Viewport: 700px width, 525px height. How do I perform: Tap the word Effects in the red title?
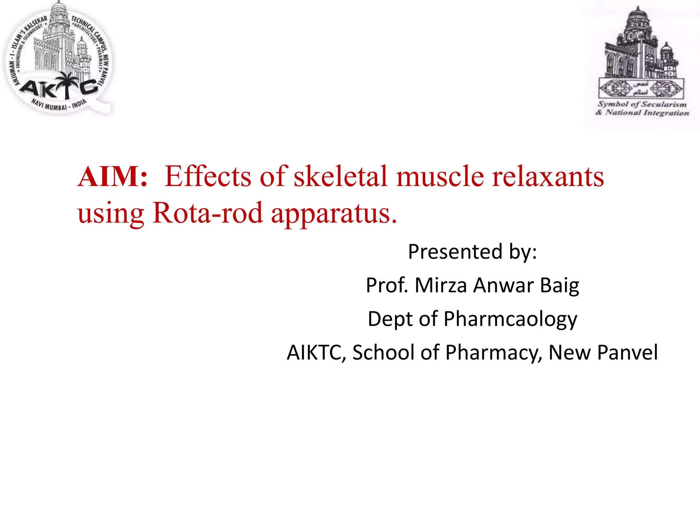(208, 177)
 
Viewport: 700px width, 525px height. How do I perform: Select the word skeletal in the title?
(340, 177)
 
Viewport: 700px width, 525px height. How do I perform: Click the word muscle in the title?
(440, 177)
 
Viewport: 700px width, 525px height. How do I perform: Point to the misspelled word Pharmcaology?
(510, 319)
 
